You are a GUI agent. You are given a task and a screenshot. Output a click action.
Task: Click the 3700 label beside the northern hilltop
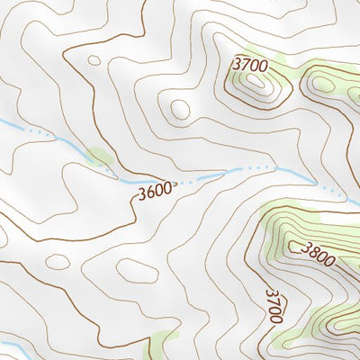[250, 64]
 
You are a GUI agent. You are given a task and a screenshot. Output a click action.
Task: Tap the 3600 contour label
[154, 192]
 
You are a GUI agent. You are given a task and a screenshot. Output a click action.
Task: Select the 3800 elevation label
[318, 256]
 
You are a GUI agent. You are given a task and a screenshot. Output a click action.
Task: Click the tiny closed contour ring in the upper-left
[94, 60]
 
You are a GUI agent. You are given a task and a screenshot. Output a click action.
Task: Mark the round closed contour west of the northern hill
[180, 109]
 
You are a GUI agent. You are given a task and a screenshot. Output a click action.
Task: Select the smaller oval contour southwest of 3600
[58, 261]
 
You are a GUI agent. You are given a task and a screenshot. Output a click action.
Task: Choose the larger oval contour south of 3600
[137, 270]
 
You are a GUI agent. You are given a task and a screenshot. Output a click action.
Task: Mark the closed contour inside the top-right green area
[321, 85]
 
